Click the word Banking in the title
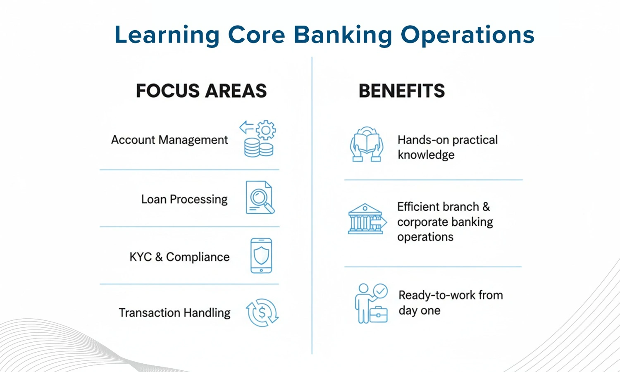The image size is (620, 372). pos(343,35)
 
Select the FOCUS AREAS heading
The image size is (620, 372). pos(201,91)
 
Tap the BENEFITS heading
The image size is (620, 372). pos(401,91)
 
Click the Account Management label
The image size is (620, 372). pos(169,140)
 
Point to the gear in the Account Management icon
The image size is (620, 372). pos(266,130)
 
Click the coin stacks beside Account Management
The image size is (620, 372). pos(258,148)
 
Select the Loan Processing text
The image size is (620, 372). pos(184,199)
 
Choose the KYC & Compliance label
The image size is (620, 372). pos(179,257)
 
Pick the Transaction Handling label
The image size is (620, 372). pos(174,313)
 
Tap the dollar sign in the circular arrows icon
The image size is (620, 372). pos(262,313)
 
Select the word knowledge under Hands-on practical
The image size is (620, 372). pos(426,155)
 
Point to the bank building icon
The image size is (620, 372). pos(365,219)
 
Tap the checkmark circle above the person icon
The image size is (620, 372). pos(380,291)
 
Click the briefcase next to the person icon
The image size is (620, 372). pos(378,315)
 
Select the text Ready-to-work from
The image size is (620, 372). pos(451,295)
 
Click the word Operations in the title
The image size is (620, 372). pos(467,35)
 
